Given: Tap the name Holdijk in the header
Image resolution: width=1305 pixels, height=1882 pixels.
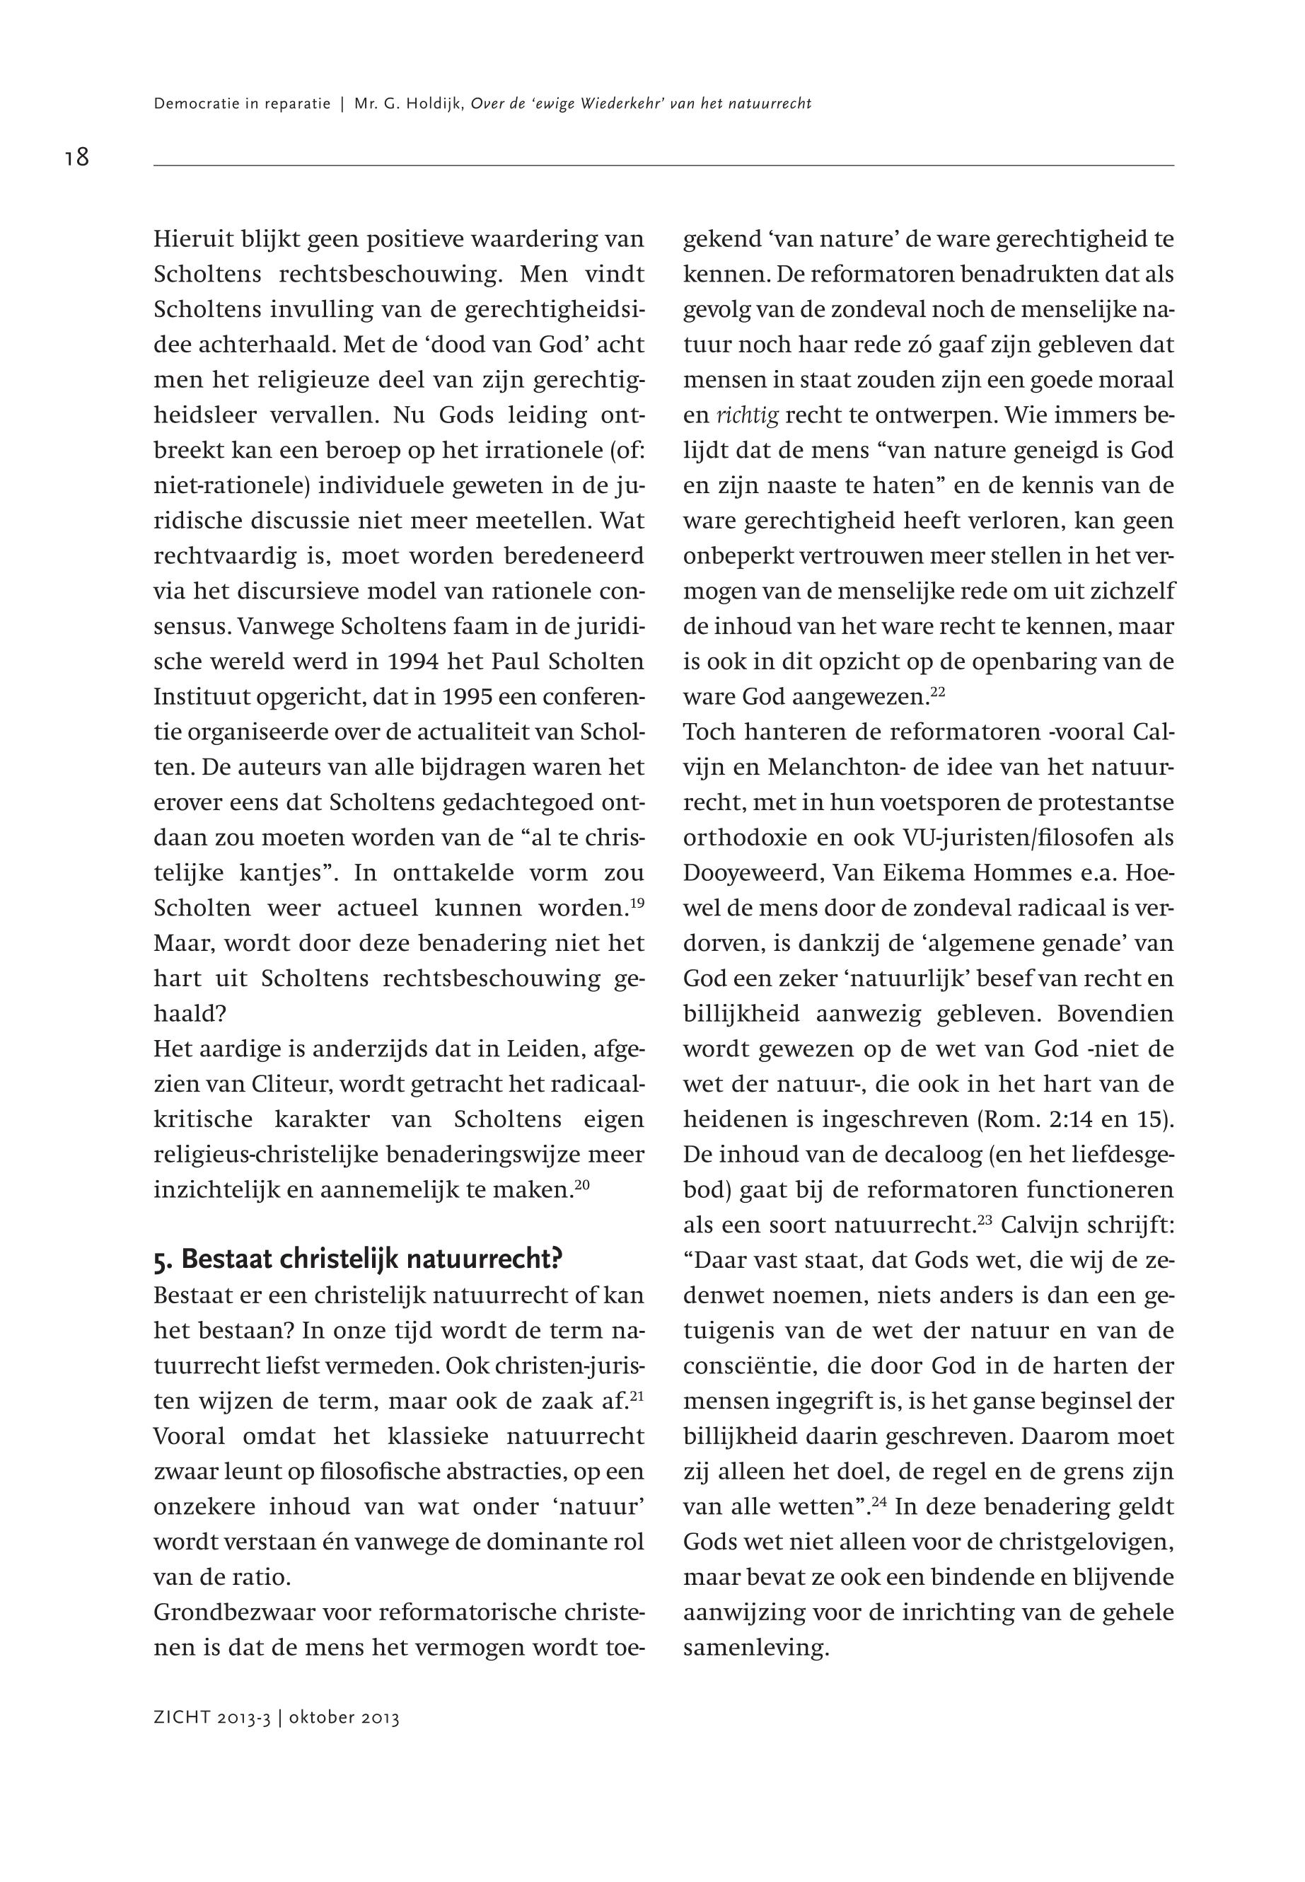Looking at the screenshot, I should pos(435,104).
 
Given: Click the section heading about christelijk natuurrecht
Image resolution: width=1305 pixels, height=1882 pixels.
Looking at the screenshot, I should pos(358,1259).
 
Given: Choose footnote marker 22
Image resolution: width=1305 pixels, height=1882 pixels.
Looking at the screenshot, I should pos(937,693).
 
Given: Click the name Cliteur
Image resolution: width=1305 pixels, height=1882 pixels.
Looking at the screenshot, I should pos(287,1085).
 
